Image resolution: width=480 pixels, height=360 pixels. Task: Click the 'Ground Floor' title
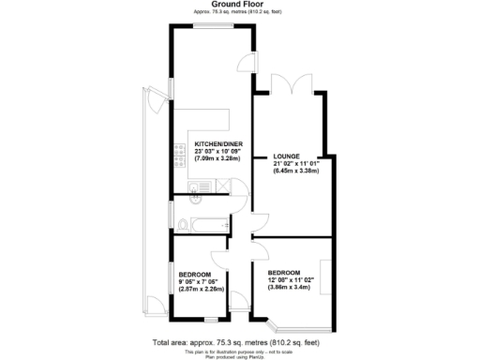[240, 5]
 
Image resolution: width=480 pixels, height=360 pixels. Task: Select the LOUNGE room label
[287, 156]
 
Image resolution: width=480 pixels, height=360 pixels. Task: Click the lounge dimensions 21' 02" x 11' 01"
[295, 163]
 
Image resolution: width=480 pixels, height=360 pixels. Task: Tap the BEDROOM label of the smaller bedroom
[195, 274]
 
